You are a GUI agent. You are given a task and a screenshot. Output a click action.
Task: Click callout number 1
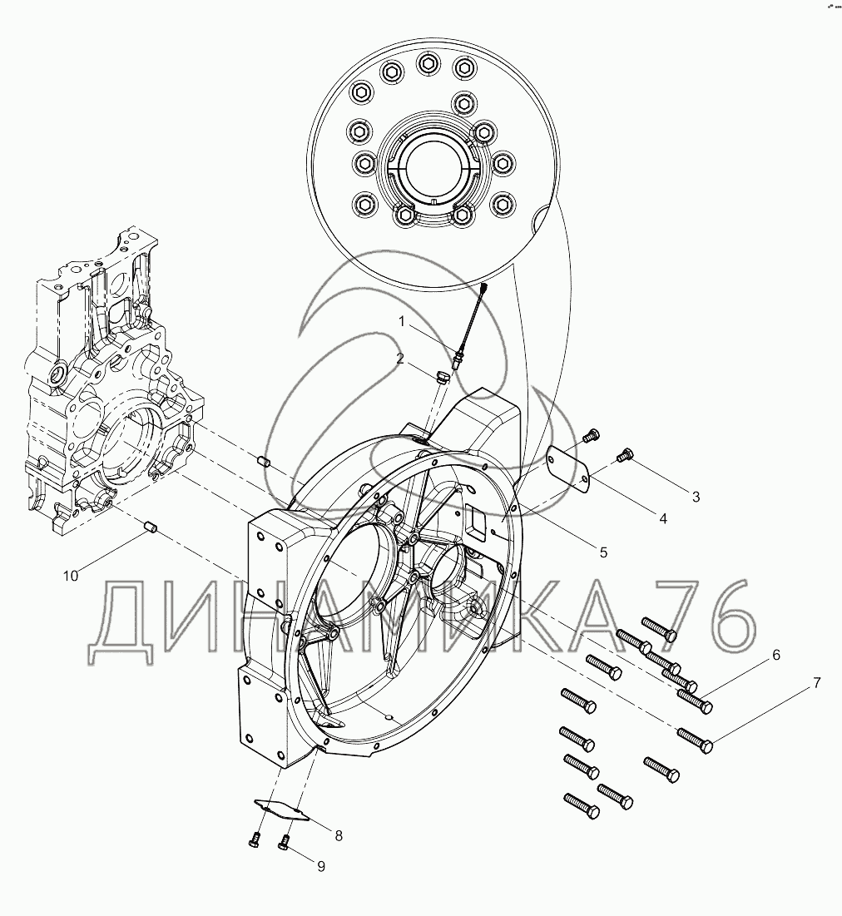click(401, 320)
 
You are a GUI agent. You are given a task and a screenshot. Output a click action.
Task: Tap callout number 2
click(400, 359)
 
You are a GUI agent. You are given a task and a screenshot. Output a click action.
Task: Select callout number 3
click(696, 497)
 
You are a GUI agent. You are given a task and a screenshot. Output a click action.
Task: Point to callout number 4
click(663, 518)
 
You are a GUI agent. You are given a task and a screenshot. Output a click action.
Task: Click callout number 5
click(603, 552)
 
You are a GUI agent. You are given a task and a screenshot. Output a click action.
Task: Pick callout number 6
click(776, 655)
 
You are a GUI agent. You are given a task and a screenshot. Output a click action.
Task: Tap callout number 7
click(817, 682)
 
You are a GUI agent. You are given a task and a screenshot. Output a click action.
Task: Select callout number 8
click(339, 836)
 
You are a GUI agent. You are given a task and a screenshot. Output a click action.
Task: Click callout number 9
click(321, 866)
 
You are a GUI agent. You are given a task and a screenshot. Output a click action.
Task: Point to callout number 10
click(70, 576)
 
